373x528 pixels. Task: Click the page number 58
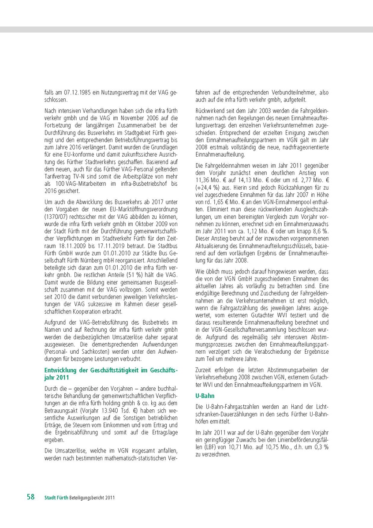click(x=31, y=497)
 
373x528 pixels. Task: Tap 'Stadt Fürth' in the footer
click(x=56, y=498)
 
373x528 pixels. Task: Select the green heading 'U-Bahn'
click(x=205, y=396)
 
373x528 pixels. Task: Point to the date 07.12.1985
click(x=78, y=93)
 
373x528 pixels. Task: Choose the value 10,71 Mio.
click(x=230, y=446)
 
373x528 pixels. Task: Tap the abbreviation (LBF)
click(x=203, y=446)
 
